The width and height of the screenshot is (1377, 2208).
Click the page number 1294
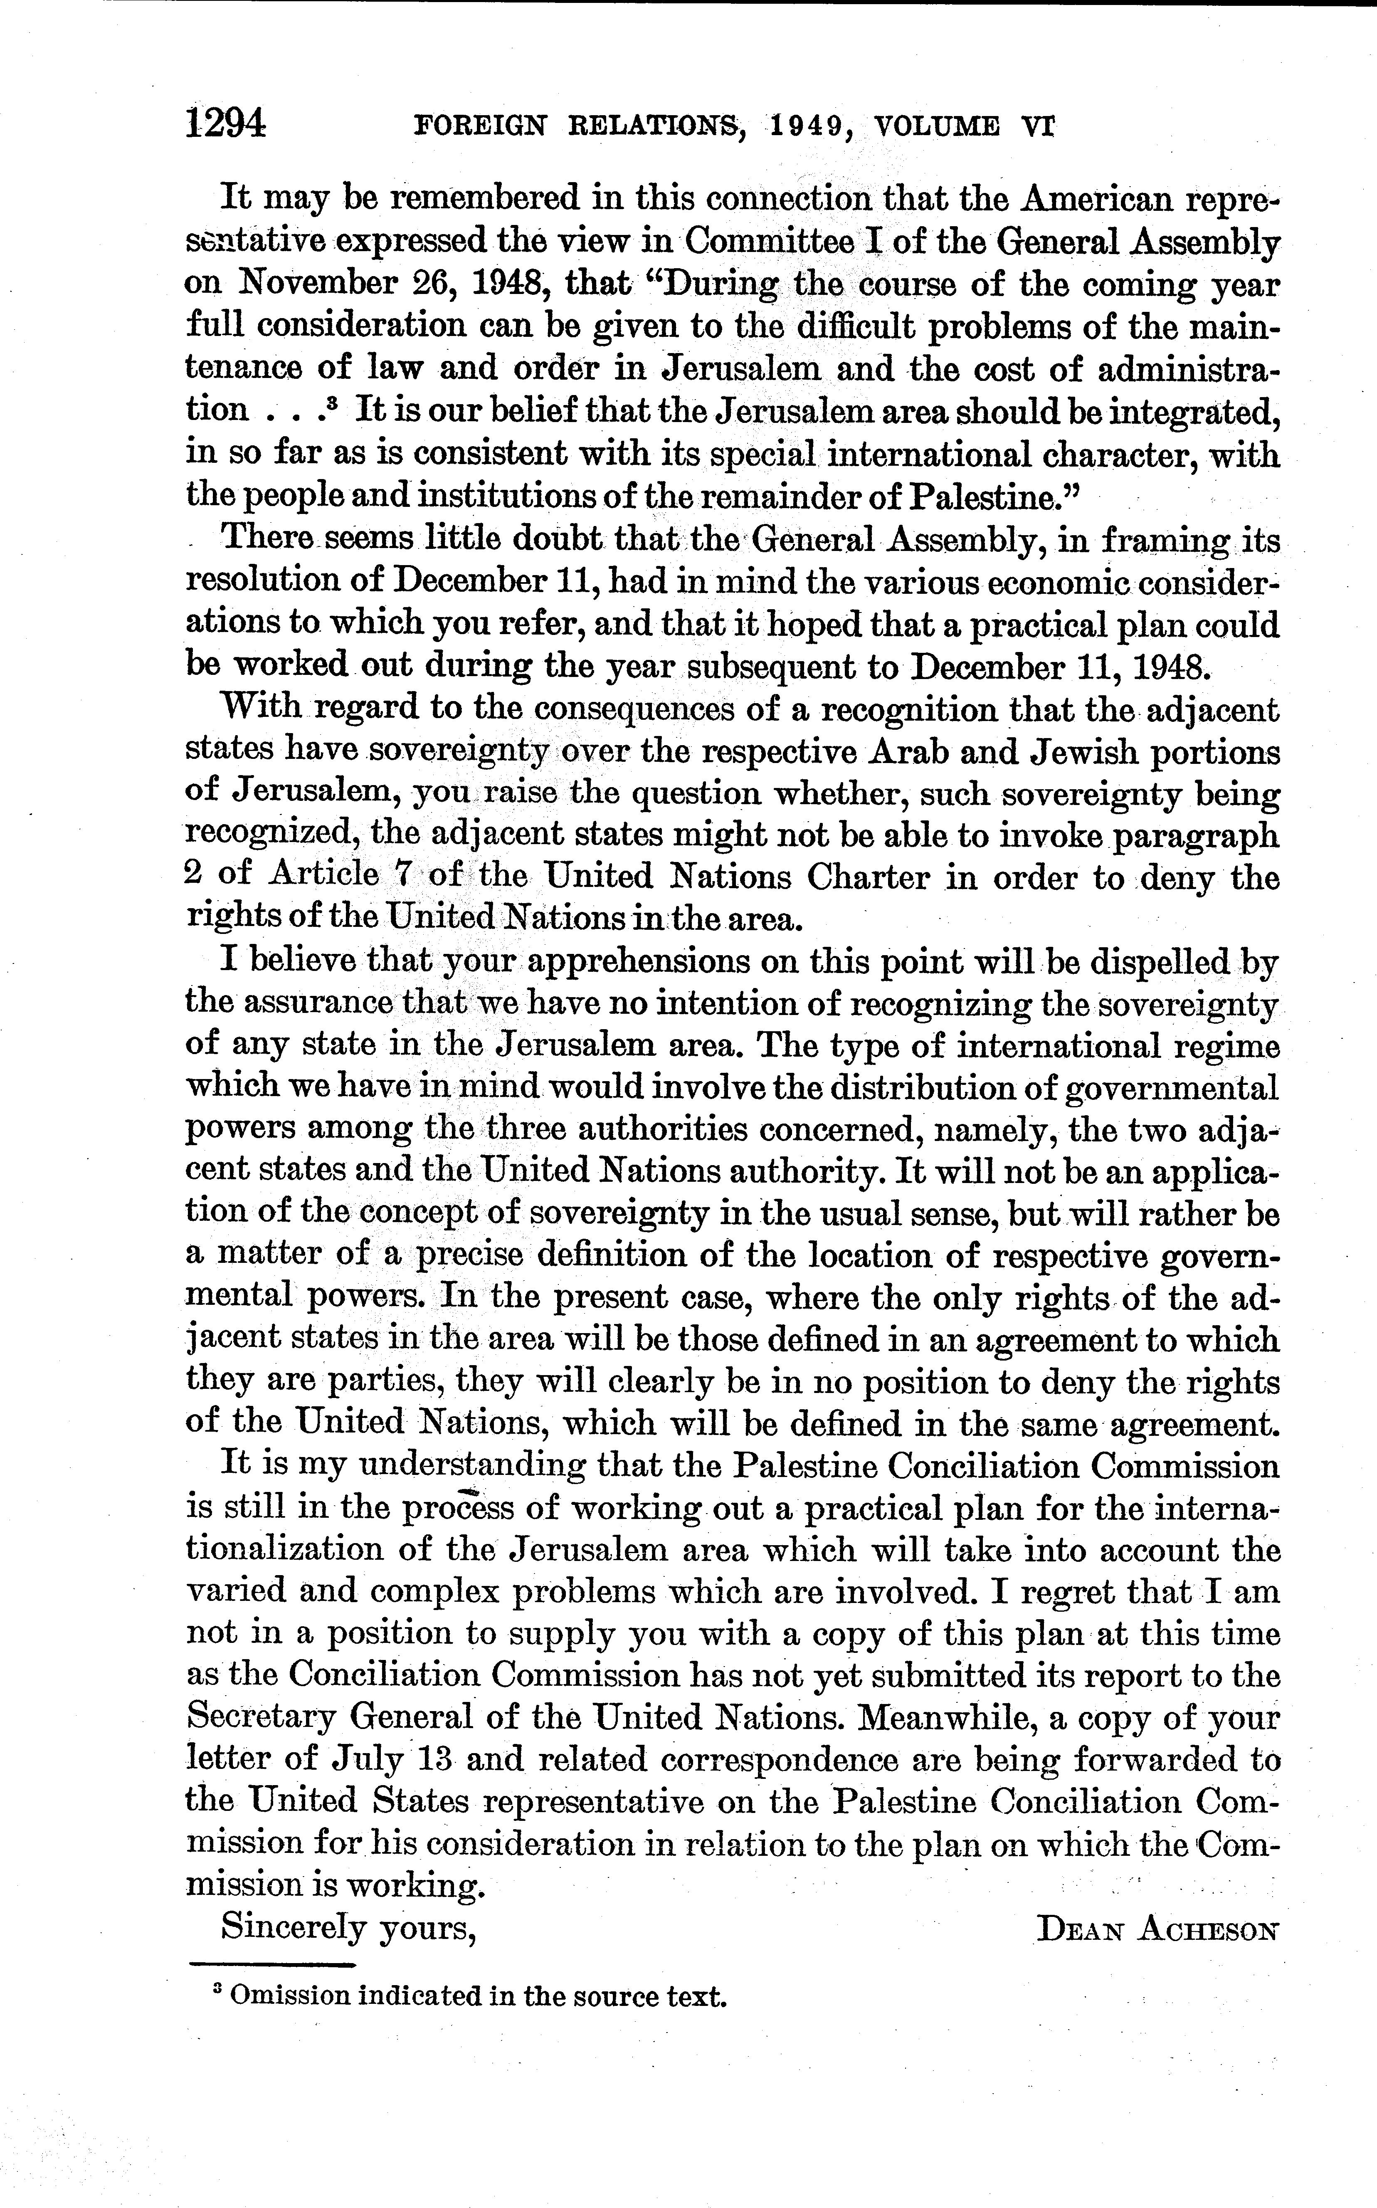point(225,123)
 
